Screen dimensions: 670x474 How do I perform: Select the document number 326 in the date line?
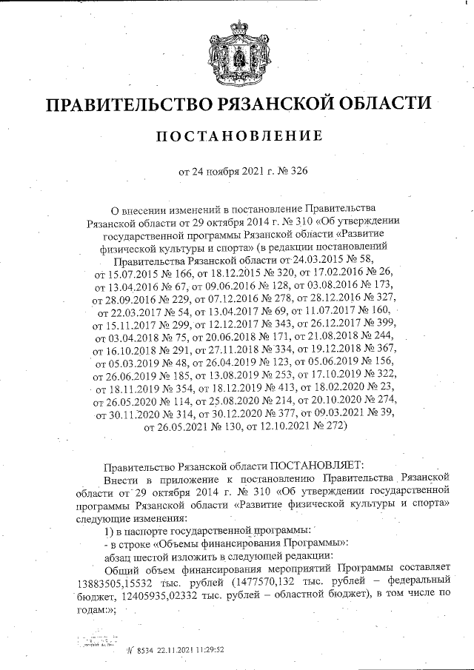coord(298,172)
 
